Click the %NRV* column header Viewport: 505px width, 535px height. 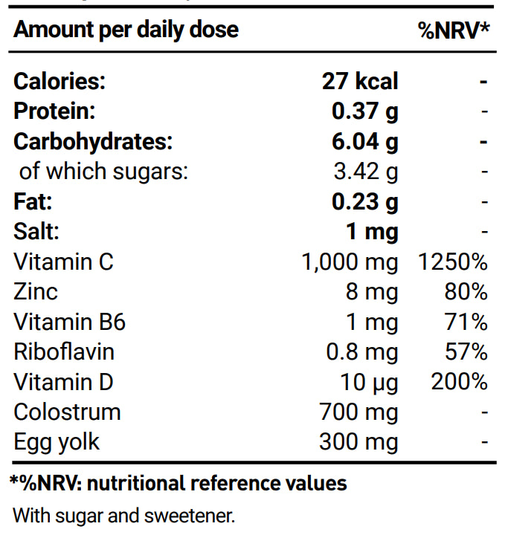[453, 30]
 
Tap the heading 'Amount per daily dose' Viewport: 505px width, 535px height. [126, 30]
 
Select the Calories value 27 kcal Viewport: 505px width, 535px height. [360, 81]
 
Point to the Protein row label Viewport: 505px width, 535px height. [54, 111]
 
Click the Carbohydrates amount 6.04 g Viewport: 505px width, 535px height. [364, 141]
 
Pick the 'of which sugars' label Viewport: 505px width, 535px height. [103, 172]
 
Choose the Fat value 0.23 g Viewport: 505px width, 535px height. [364, 201]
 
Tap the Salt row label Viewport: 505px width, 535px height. [36, 232]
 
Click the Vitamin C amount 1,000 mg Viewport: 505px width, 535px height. [350, 262]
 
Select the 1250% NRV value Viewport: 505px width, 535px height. [454, 262]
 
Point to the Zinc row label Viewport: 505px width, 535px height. [35, 292]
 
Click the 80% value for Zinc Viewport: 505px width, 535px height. [466, 292]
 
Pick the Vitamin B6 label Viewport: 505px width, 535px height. [69, 322]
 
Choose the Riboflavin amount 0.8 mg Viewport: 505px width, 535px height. [362, 352]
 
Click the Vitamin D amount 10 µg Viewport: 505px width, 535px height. [369, 383]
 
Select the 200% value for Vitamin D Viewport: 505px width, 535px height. [459, 383]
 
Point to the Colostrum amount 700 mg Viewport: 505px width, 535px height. [358, 412]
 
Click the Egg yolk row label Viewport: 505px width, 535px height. [57, 442]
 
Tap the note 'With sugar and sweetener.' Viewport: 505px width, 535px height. [123, 514]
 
